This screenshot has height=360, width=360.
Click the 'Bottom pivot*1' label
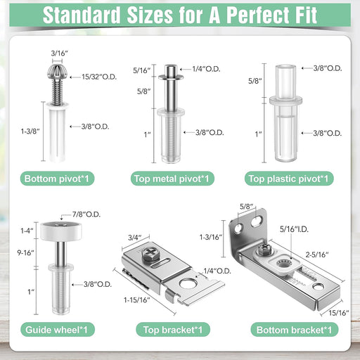point(57,179)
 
